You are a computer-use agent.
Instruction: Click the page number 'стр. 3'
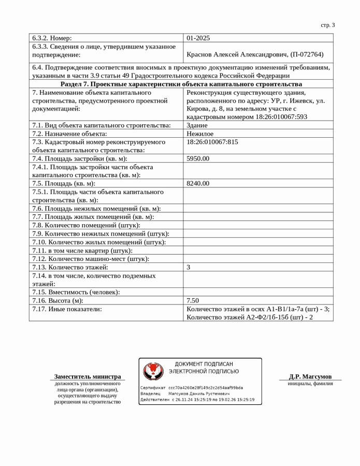(327, 25)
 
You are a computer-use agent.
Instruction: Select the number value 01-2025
(198, 38)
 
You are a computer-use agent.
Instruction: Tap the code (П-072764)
(307, 54)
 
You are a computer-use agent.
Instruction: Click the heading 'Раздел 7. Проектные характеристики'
(181, 84)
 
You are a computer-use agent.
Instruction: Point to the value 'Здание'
(197, 125)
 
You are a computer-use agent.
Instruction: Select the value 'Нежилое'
(200, 134)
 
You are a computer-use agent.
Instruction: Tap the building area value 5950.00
(198, 158)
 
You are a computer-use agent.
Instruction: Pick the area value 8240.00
(198, 183)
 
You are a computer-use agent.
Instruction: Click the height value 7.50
(193, 300)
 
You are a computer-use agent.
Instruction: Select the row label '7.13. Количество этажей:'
(70, 267)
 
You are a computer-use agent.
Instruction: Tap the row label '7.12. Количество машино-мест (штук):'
(91, 259)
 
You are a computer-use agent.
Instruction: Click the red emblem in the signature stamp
(153, 371)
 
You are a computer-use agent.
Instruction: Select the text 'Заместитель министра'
(88, 376)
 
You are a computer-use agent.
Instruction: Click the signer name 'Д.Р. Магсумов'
(310, 376)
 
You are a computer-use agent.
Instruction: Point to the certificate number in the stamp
(206, 387)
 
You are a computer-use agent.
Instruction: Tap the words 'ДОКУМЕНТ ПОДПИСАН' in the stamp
(204, 364)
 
